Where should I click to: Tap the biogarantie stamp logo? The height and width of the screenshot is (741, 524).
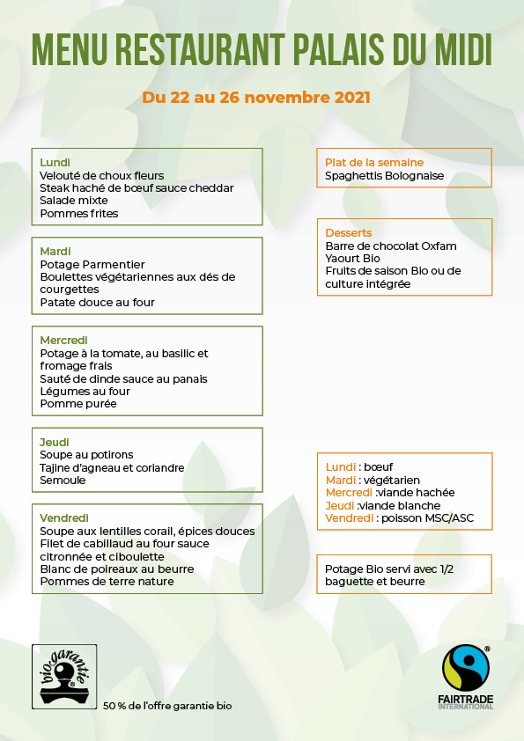pos(64,676)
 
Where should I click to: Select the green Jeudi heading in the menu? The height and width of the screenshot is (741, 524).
pos(54,442)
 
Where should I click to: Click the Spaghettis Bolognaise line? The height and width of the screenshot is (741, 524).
pos(384,176)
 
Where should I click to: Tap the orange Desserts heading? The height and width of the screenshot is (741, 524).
pos(349,233)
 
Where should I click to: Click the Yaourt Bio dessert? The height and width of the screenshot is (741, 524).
pos(352,259)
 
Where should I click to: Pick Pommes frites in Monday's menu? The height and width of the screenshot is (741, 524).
pos(79,213)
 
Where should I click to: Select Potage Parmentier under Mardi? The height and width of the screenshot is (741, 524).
pos(92,264)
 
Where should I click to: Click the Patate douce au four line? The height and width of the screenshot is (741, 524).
pos(97,303)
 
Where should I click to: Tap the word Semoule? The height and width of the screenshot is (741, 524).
pos(63,481)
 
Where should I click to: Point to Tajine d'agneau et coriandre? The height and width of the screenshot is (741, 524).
pos(112,468)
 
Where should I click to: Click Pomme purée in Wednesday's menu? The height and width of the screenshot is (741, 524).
pos(77,404)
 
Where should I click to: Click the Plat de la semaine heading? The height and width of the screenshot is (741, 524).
pos(374,163)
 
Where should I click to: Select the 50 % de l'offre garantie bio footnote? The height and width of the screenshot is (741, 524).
pos(168,706)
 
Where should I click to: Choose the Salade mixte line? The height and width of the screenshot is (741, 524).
pos(74,201)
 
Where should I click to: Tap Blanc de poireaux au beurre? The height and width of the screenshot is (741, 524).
pos(116,569)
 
